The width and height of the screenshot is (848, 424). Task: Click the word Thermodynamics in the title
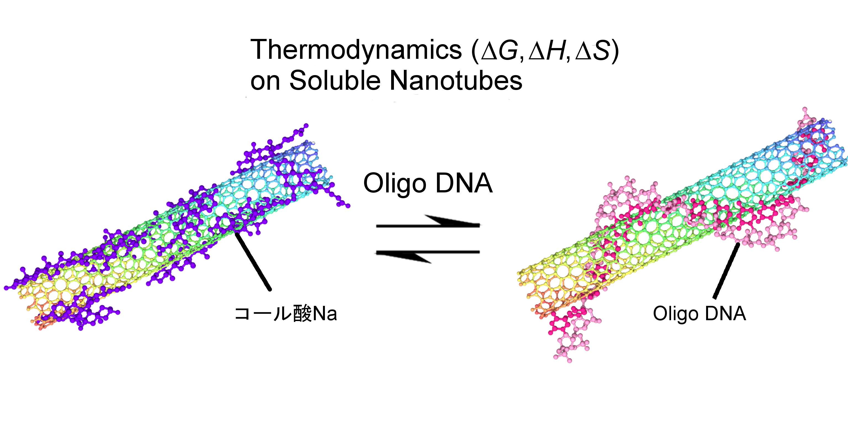(356, 50)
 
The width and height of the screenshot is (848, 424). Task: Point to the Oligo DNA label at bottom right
(699, 313)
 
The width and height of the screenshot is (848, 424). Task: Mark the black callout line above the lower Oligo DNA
(726, 271)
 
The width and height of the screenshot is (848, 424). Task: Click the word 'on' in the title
(265, 82)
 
